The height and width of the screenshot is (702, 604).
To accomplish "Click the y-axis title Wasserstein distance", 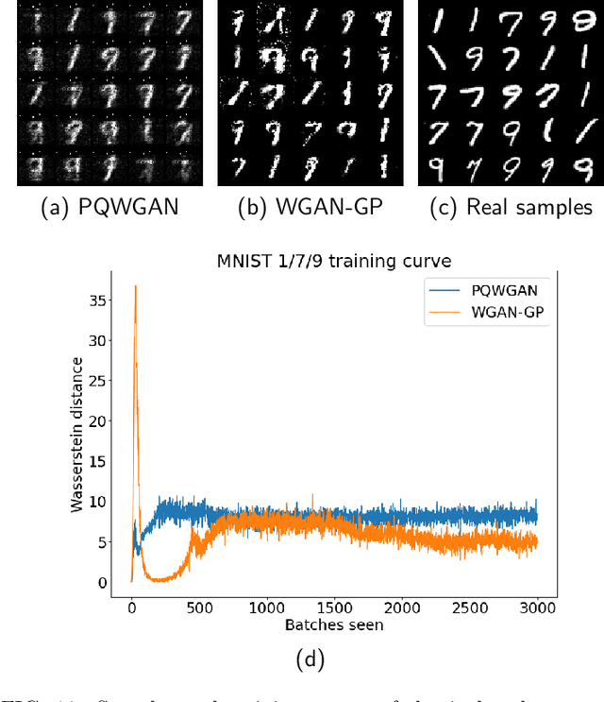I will tap(78, 436).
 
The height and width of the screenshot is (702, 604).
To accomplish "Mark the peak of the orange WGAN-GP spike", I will tap(136, 285).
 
